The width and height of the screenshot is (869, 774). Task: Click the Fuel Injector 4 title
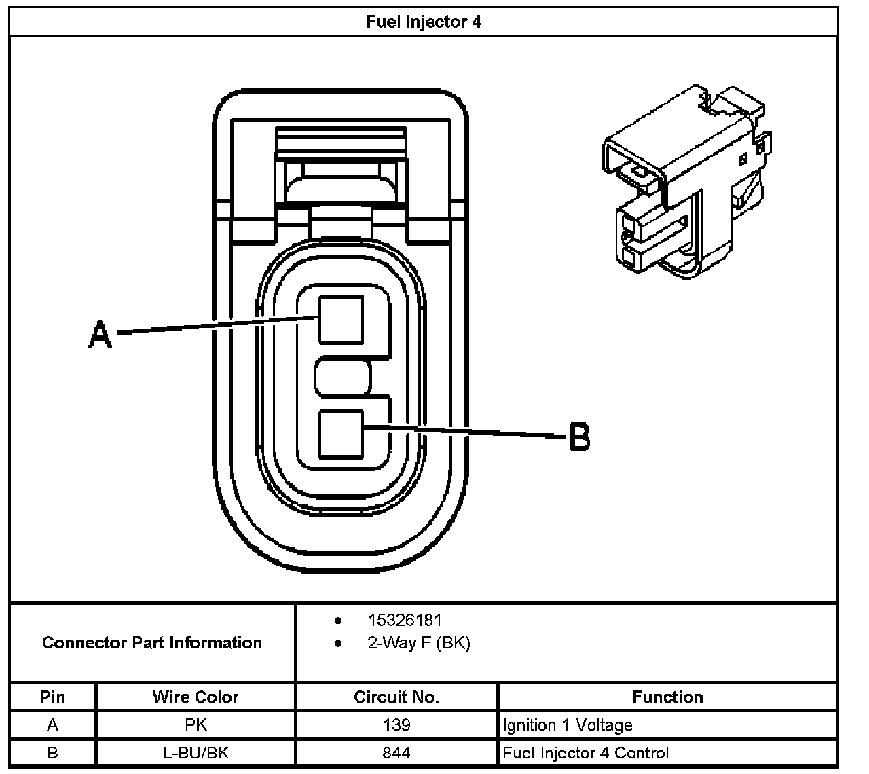coord(424,22)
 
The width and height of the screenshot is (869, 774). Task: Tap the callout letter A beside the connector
coord(100,335)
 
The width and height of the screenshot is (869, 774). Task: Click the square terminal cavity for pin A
coord(341,319)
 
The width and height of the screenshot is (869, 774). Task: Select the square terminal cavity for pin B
coord(341,434)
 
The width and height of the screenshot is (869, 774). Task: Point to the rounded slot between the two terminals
coord(344,377)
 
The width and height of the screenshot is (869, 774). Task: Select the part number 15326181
coord(405,620)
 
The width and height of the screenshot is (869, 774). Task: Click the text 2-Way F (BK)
coord(418,642)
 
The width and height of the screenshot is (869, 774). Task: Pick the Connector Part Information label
coord(152,642)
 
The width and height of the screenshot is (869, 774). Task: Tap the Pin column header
coord(53,697)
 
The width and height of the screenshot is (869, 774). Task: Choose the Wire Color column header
coord(196,697)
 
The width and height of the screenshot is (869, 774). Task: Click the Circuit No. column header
coord(396,697)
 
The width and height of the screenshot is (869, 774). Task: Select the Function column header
coord(667,697)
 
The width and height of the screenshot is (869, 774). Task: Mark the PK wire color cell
coord(196,725)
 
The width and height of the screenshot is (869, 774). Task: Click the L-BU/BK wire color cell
coord(196,752)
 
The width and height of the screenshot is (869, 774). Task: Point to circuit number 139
coord(396,725)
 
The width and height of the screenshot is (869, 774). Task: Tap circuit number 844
coord(396,752)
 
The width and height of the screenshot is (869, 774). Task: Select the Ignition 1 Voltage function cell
coord(568,725)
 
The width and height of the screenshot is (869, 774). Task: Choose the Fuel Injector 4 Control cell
coord(585,752)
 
